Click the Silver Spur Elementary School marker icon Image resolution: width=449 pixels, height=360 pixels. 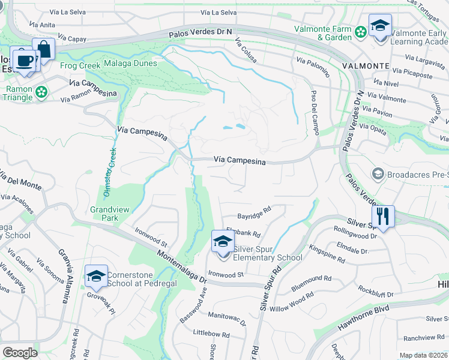click(223, 242)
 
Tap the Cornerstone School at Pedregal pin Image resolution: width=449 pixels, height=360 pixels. click(96, 276)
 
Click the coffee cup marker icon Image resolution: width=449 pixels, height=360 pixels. click(24, 61)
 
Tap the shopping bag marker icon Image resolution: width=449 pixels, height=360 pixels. click(43, 49)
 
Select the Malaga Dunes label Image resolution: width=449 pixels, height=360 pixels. click(130, 63)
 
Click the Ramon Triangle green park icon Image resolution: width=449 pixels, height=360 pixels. click(41, 92)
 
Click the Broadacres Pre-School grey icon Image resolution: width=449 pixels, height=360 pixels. click(378, 174)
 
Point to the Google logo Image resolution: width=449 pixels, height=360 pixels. click(20, 353)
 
